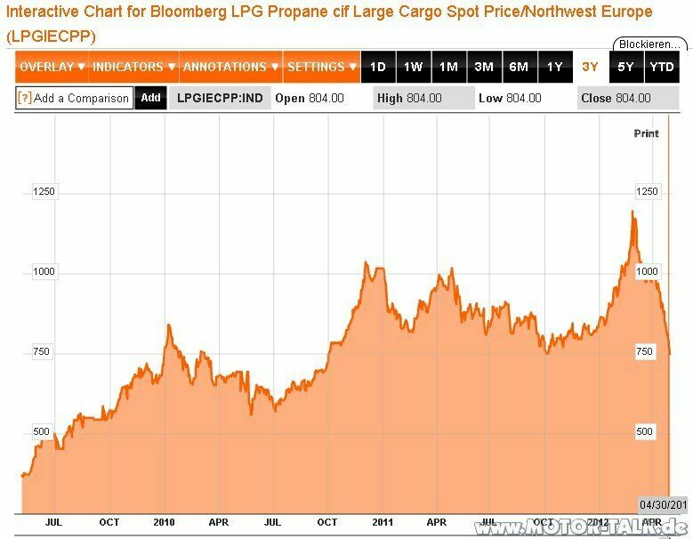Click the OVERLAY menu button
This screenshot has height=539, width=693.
click(52, 67)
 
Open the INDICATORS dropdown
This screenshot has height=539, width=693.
click(133, 67)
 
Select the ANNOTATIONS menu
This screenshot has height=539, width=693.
click(230, 67)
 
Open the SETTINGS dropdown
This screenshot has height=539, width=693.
click(321, 67)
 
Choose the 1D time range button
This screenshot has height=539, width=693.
click(377, 67)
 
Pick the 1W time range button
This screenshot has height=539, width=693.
click(413, 67)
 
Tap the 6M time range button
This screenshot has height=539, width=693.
click(519, 67)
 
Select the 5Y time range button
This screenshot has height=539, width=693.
click(625, 67)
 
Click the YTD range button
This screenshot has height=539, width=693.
click(661, 67)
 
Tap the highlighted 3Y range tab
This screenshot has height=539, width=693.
click(590, 67)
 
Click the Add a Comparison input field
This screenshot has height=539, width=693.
click(75, 98)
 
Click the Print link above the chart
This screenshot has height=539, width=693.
click(646, 133)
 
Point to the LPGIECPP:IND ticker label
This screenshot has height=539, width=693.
click(221, 98)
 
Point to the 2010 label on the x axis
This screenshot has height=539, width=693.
click(165, 522)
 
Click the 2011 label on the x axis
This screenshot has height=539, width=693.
click(383, 522)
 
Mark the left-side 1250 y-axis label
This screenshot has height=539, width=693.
click(43, 191)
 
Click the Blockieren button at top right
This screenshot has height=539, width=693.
click(649, 44)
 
